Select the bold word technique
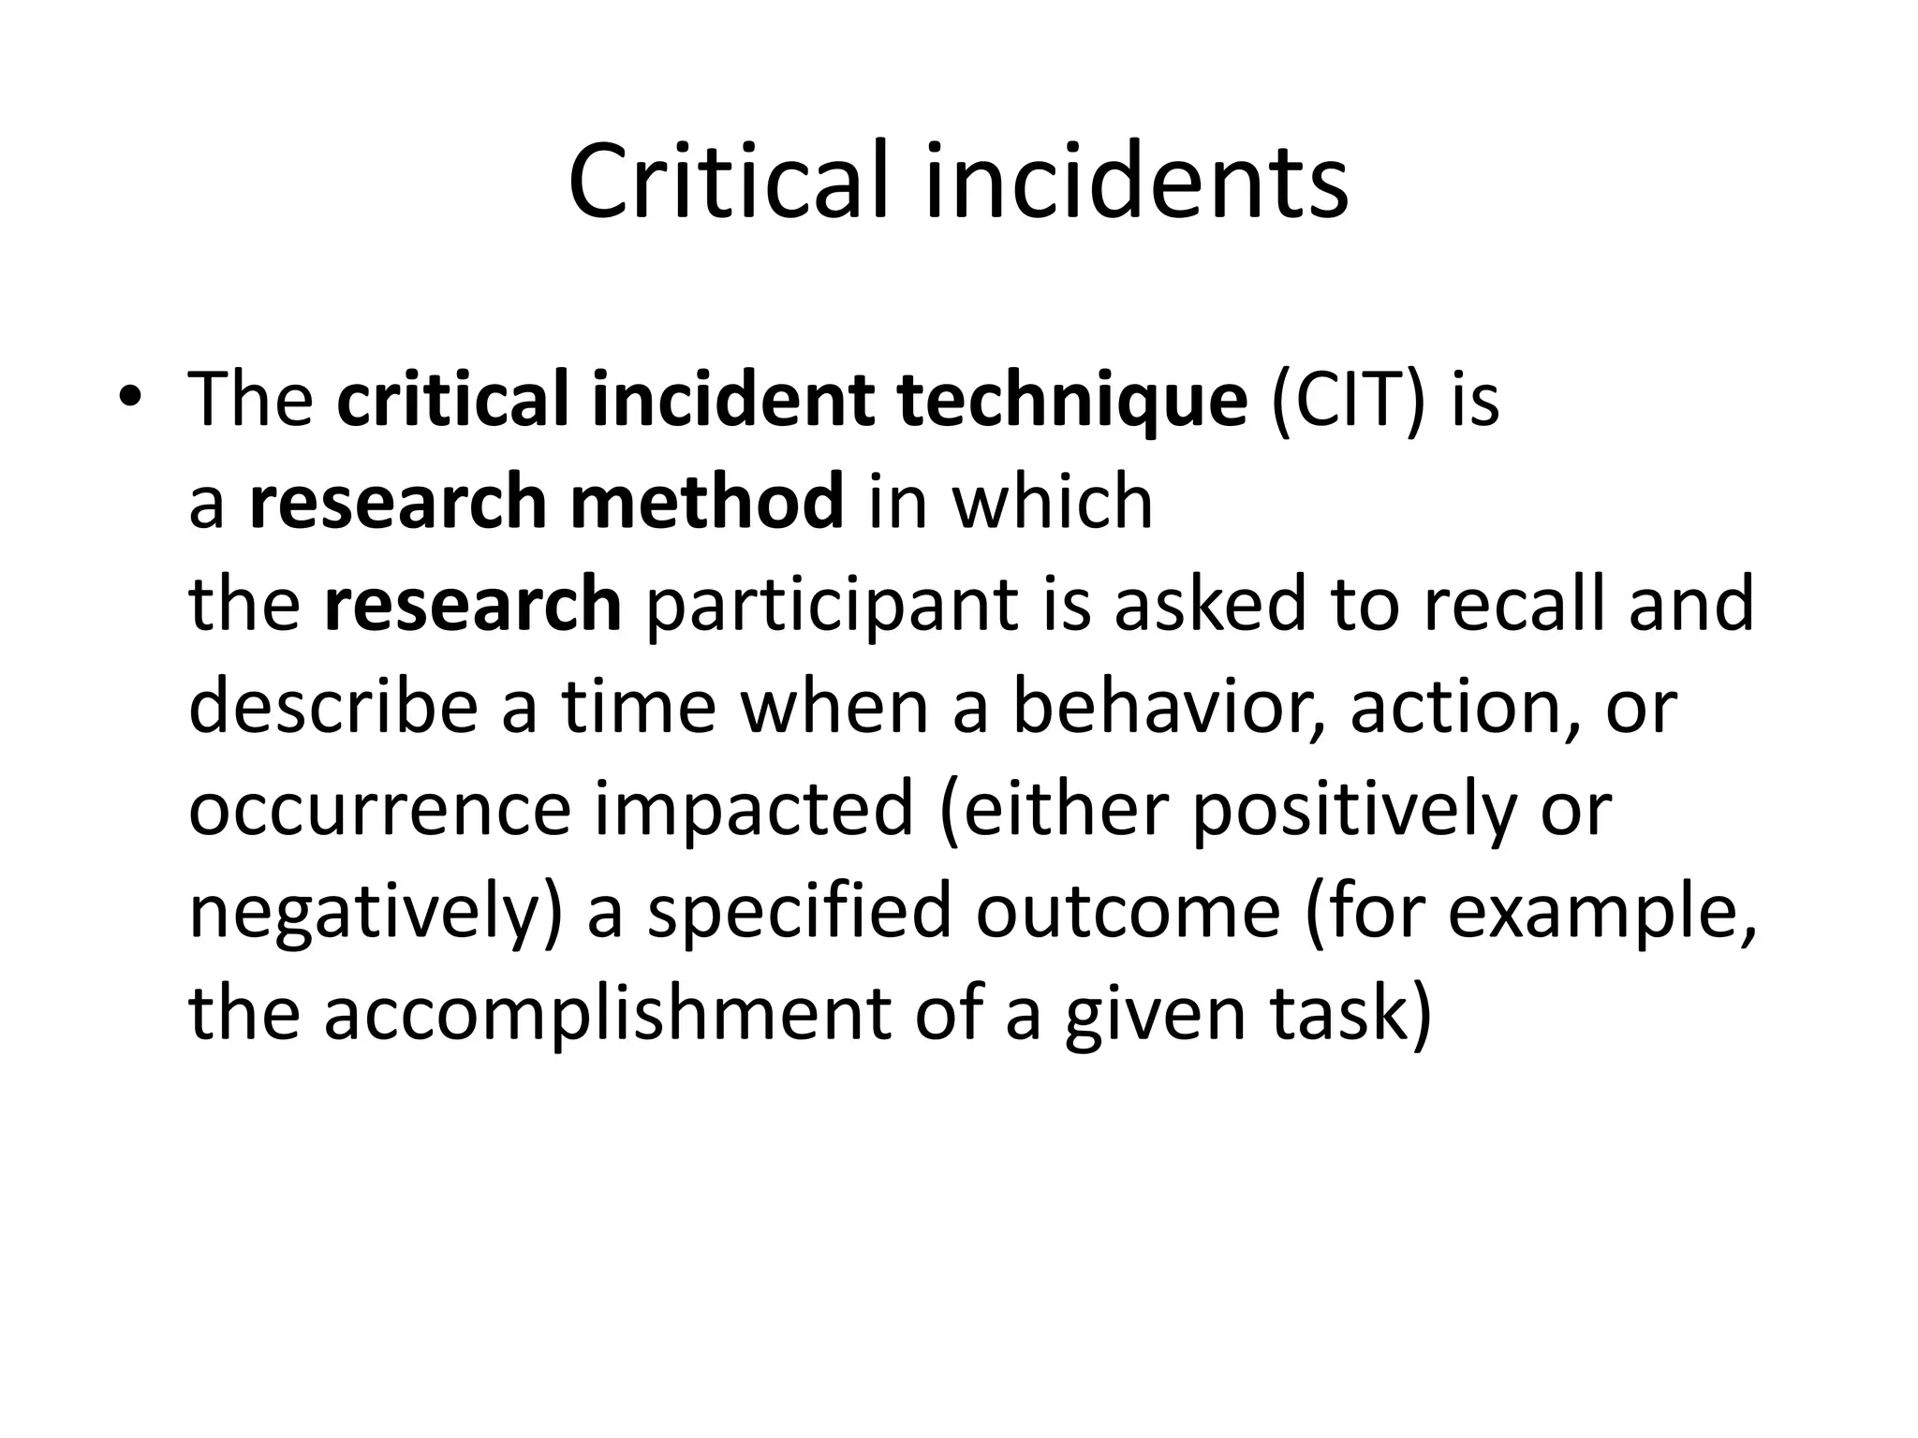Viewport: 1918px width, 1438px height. (x=1071, y=401)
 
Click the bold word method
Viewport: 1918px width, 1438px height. (x=706, y=502)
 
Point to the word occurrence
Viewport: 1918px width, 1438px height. (x=379, y=810)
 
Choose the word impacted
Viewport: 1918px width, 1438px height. (x=753, y=810)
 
